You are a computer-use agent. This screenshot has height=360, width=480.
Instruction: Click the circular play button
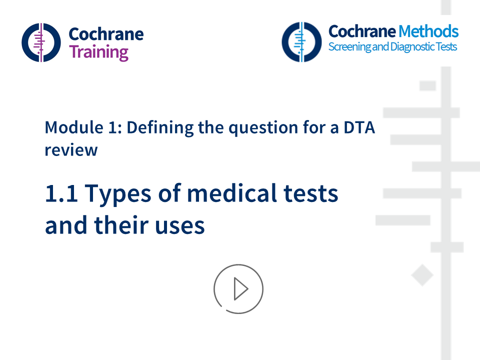[238, 289]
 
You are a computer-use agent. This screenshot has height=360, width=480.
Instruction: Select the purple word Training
[98, 52]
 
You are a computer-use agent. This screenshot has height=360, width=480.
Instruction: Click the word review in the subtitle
[70, 149]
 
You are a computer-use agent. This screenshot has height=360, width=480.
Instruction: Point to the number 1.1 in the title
[61, 194]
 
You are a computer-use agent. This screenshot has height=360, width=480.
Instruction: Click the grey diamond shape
[422, 275]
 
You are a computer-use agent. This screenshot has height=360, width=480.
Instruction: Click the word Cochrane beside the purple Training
[105, 34]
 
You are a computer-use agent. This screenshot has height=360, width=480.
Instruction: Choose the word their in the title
[126, 226]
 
